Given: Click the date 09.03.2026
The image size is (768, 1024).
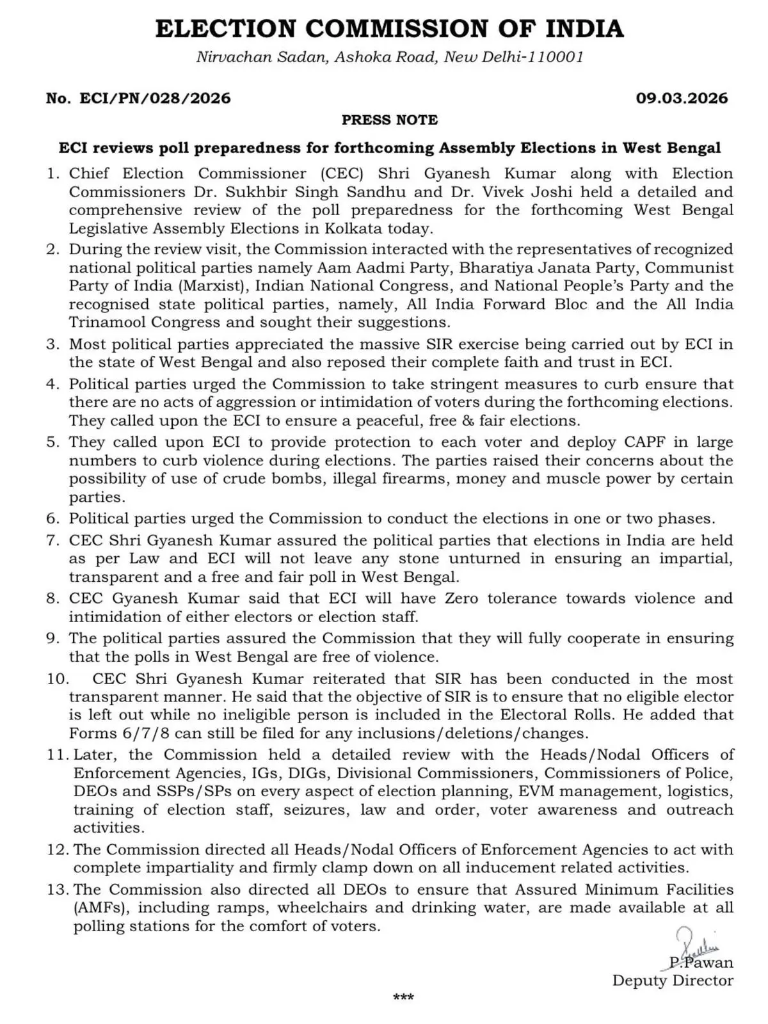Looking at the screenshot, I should coord(682,98).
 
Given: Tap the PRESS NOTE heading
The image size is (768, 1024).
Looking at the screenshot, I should coord(389,120).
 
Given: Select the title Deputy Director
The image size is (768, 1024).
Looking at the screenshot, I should coord(673,980).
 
